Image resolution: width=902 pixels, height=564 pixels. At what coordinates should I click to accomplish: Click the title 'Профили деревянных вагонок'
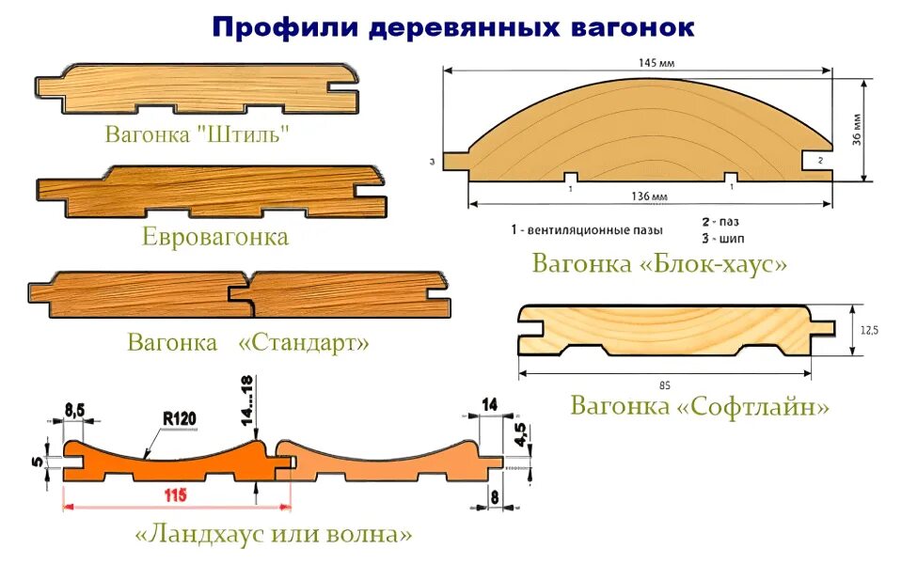point(452,26)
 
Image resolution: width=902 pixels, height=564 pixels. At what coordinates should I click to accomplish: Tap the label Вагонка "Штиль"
point(197,133)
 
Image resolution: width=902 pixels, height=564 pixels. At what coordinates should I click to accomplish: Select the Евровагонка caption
point(215,236)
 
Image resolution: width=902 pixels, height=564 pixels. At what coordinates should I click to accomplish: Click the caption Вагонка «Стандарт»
point(248,342)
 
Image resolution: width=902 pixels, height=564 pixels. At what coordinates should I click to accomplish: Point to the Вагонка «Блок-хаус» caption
point(659,263)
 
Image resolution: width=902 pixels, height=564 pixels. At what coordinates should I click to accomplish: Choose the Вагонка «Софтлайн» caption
point(700,406)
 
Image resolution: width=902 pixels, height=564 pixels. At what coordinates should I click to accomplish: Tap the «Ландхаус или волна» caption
point(274,535)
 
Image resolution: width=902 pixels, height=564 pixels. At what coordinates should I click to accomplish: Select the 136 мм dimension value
point(649,197)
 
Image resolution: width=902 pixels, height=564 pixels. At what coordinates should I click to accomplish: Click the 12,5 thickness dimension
point(868,330)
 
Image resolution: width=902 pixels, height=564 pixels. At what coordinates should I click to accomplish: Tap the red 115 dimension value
point(176,495)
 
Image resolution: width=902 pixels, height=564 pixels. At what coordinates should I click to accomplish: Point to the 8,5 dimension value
point(75,409)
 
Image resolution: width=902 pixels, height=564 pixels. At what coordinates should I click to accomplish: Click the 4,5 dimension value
point(519,433)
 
